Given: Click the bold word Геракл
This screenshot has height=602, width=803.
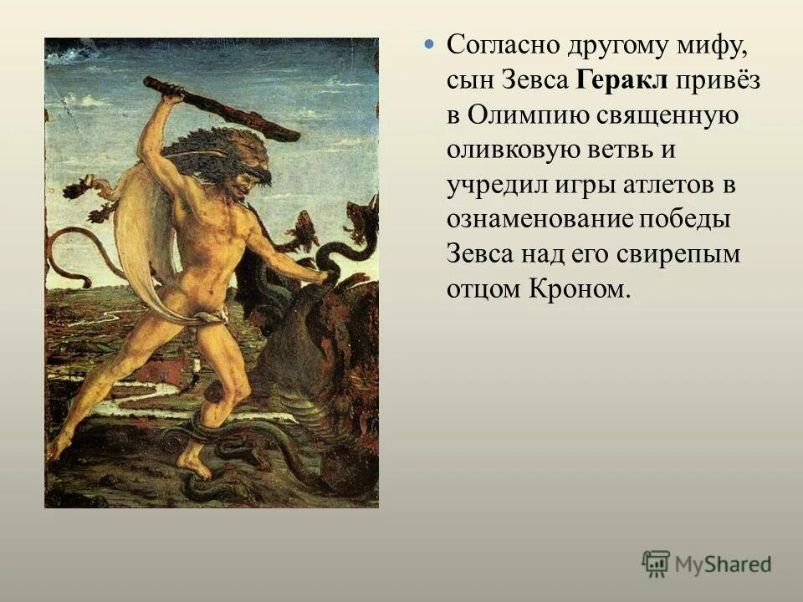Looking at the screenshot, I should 622,80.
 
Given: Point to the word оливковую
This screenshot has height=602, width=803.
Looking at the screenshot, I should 512,150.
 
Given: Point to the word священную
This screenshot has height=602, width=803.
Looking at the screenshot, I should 667,115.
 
